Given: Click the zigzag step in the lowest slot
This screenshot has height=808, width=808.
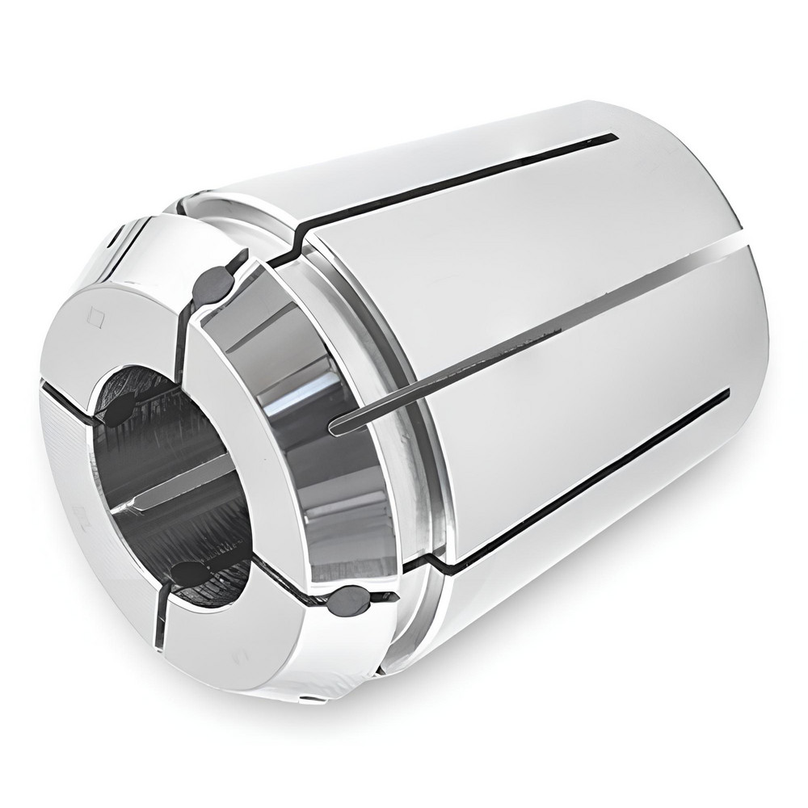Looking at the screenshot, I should click(x=432, y=558).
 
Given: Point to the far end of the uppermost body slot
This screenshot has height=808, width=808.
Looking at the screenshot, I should click(x=616, y=136).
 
